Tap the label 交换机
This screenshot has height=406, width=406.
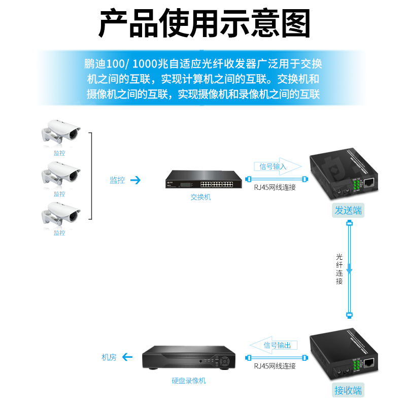(x=200, y=197)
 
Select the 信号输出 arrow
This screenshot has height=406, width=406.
(x=274, y=345)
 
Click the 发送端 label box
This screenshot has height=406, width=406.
(x=348, y=211)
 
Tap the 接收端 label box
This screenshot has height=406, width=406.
(x=348, y=390)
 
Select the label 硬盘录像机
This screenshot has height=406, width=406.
(x=189, y=381)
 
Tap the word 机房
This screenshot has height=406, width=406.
(x=109, y=357)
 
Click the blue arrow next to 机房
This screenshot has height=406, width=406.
(x=127, y=357)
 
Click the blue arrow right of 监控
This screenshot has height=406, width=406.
(x=135, y=180)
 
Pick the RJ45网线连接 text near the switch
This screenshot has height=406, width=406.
(x=275, y=187)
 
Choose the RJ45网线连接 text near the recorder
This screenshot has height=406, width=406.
(x=275, y=366)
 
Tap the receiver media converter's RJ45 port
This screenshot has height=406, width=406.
(x=370, y=362)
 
